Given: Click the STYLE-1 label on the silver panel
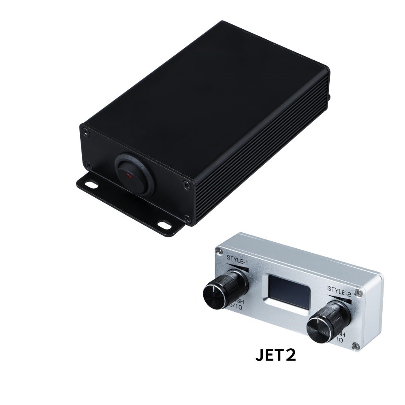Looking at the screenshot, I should [x=237, y=258].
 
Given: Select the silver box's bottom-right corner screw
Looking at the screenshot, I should [x=356, y=345].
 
